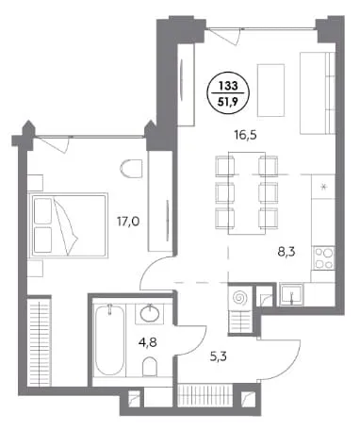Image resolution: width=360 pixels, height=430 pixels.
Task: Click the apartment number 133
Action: point(228,86)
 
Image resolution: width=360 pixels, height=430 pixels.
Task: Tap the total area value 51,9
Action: point(228,102)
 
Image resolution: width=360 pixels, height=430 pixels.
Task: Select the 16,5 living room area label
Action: point(245,135)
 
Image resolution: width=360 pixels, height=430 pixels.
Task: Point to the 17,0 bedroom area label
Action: point(128,222)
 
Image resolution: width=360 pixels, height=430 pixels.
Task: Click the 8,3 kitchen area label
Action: point(286,252)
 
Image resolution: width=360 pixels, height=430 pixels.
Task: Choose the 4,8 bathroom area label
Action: point(147,341)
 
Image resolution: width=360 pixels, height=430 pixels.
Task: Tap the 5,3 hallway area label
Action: point(219,356)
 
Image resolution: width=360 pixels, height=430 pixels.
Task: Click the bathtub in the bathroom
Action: point(109,340)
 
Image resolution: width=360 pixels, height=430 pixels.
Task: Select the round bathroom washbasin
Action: point(150,314)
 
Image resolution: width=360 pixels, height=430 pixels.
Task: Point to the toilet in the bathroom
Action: point(150,367)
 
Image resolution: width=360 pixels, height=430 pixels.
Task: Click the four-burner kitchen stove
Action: point(324,258)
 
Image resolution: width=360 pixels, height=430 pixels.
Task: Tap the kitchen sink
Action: point(292,294)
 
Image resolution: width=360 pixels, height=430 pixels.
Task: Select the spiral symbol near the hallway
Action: point(240,297)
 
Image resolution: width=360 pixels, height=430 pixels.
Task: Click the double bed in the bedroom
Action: point(69,225)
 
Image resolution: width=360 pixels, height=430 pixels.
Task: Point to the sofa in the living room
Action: point(318,93)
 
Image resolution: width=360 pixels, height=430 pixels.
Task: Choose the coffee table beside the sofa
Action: point(270,91)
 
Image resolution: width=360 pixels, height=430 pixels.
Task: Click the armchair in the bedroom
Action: point(131,169)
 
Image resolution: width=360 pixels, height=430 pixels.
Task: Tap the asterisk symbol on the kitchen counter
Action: point(323,187)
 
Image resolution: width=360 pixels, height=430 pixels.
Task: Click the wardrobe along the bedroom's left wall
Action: point(39,341)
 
